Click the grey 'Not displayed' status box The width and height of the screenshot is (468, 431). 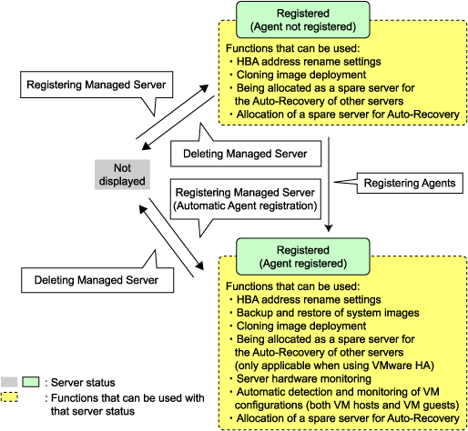point(122,175)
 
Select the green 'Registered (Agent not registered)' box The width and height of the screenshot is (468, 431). point(303,20)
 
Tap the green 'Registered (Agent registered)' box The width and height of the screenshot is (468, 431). point(303,256)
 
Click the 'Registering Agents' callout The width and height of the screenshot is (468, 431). point(410,183)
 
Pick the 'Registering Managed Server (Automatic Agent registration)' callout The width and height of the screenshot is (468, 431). point(246,199)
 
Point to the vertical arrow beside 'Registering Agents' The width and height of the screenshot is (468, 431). point(329,185)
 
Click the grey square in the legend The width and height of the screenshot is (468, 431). point(9,382)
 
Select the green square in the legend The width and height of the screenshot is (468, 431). point(31,382)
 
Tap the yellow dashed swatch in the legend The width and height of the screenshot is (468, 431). point(9,397)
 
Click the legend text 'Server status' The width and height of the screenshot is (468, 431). point(83,383)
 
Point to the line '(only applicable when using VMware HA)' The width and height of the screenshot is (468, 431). point(334,366)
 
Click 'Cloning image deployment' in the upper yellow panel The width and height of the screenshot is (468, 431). point(301,75)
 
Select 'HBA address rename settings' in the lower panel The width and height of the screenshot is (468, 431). point(309,300)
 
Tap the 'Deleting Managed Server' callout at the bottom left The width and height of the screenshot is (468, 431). point(97,280)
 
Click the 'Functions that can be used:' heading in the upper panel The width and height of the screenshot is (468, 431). point(293,48)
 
